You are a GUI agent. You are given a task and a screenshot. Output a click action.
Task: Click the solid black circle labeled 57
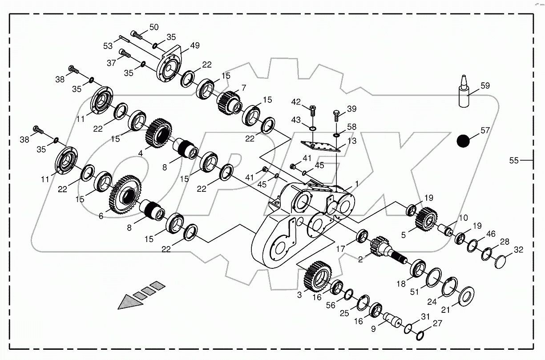click(x=463, y=141)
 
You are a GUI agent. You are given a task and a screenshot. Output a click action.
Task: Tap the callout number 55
click(x=514, y=161)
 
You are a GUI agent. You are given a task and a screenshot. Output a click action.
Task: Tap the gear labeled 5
click(x=426, y=218)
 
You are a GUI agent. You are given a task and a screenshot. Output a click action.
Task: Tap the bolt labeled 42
click(x=312, y=109)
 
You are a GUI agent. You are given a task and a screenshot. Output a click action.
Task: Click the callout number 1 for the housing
click(x=356, y=183)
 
